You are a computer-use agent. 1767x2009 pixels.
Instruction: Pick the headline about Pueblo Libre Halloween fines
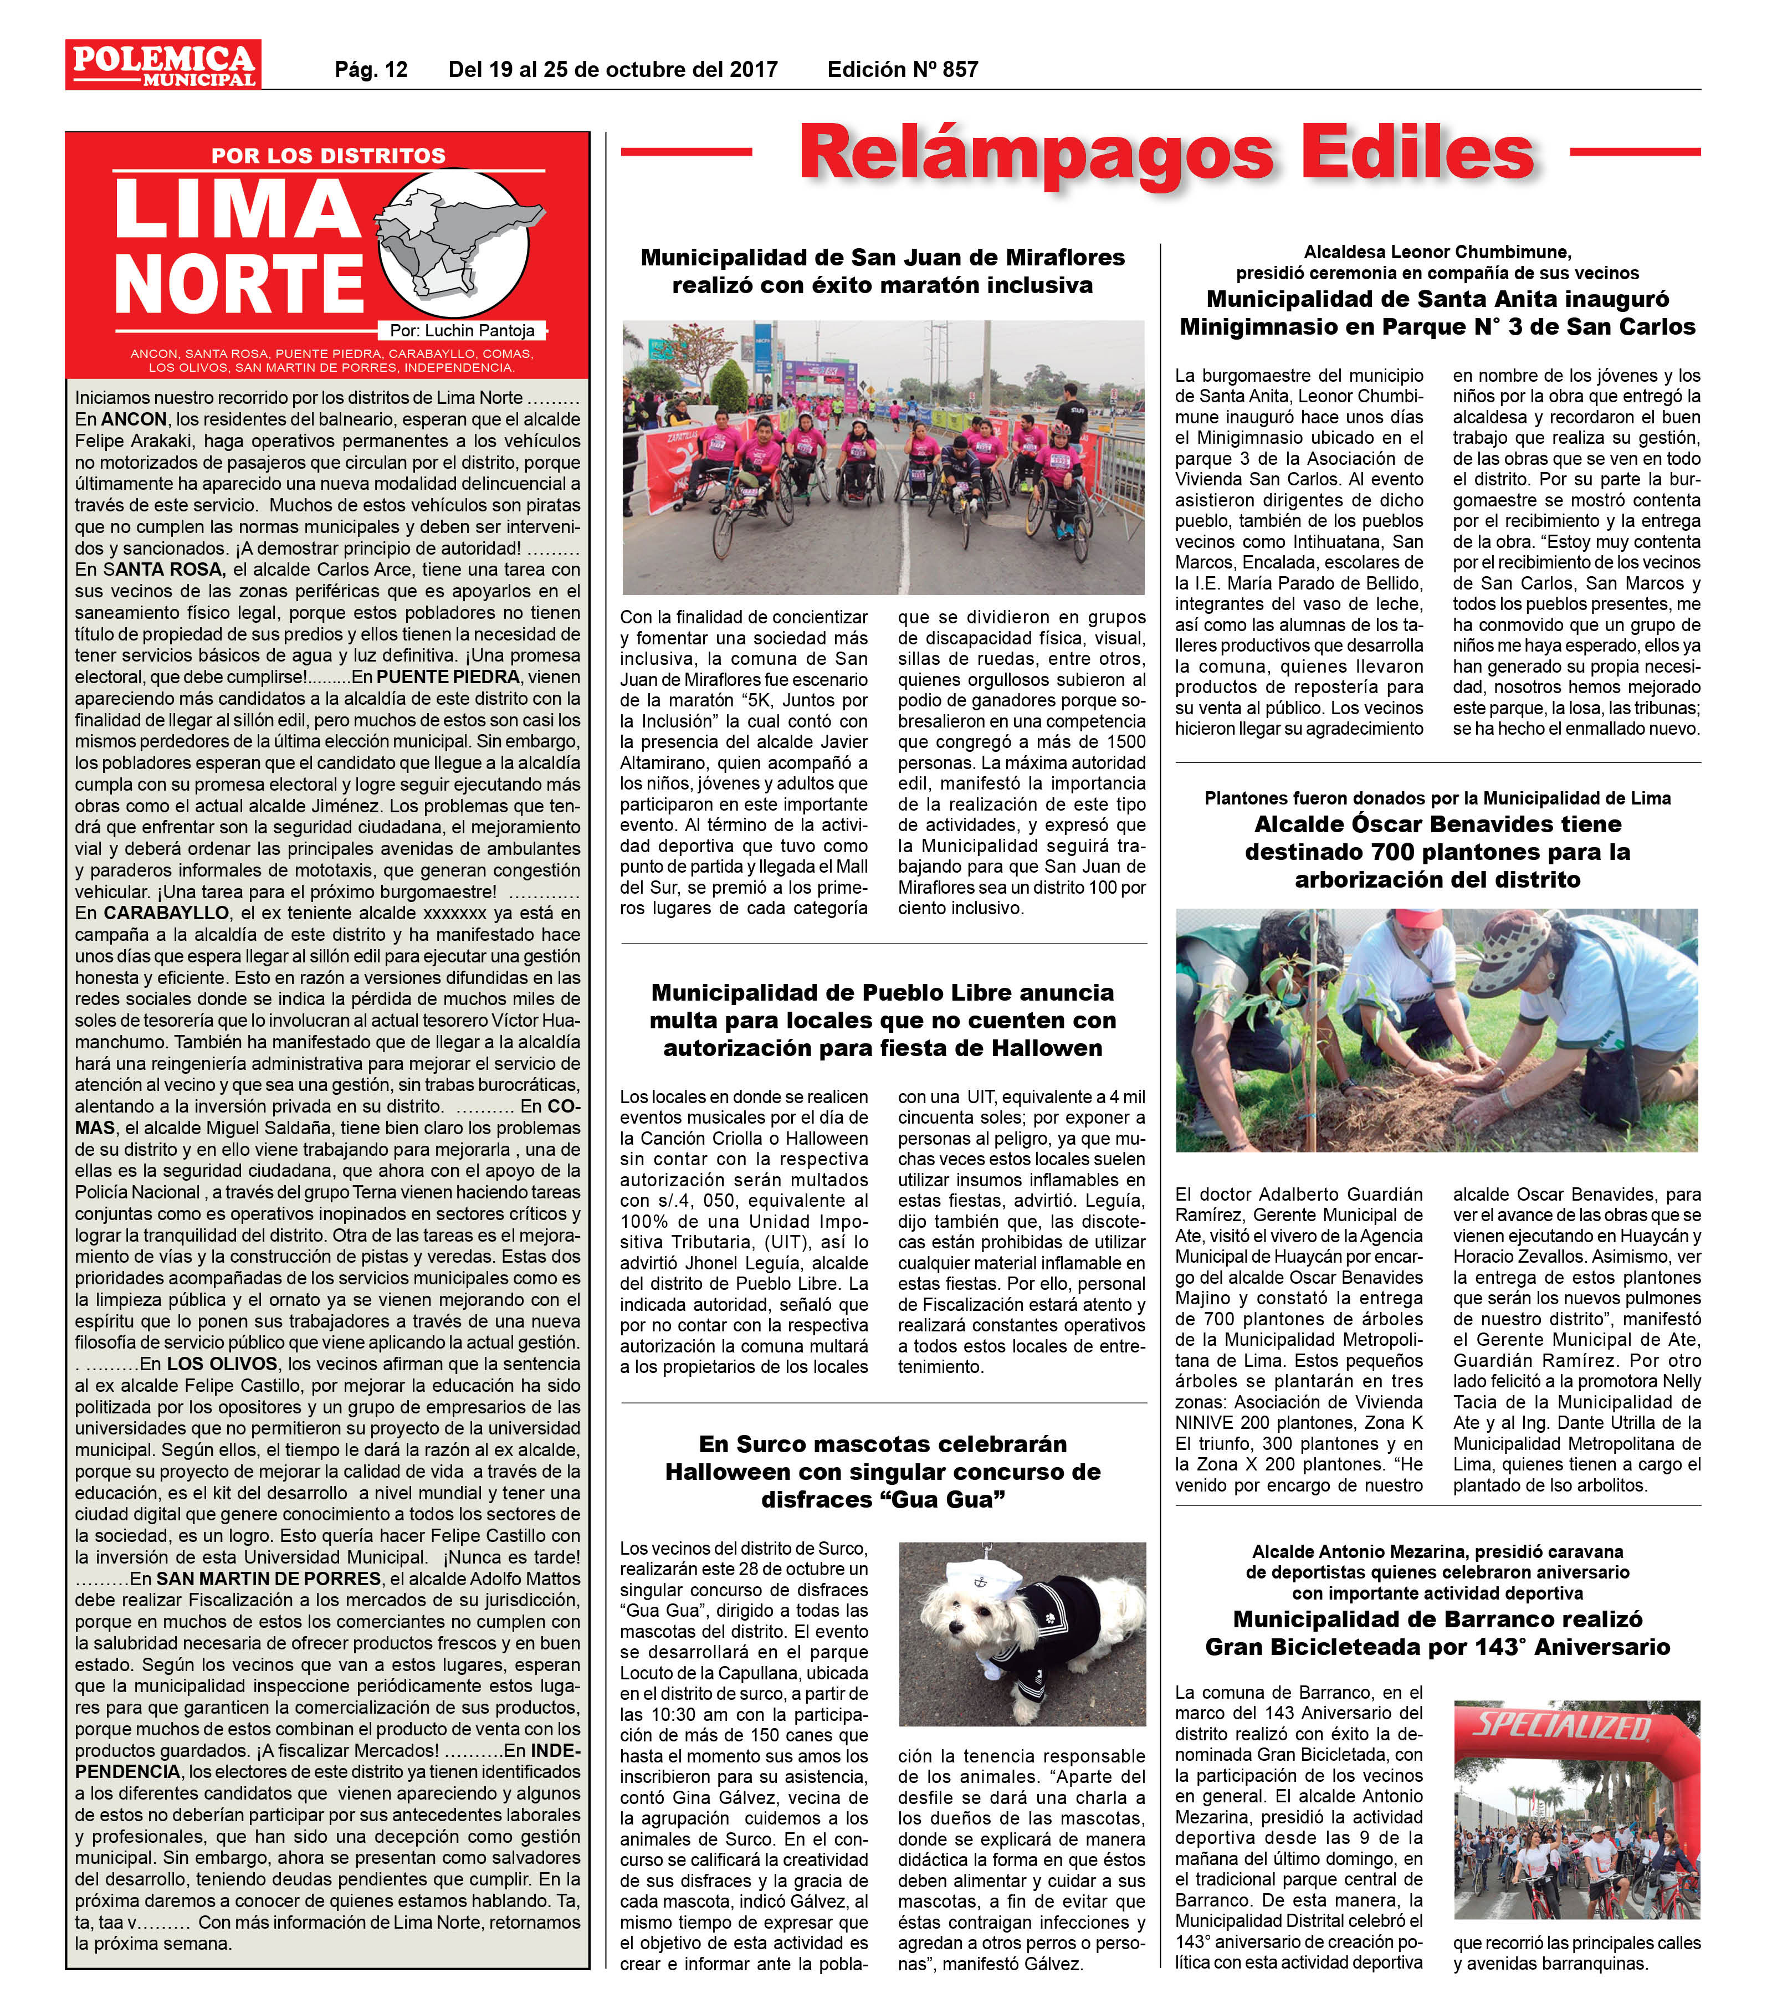883,1020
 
